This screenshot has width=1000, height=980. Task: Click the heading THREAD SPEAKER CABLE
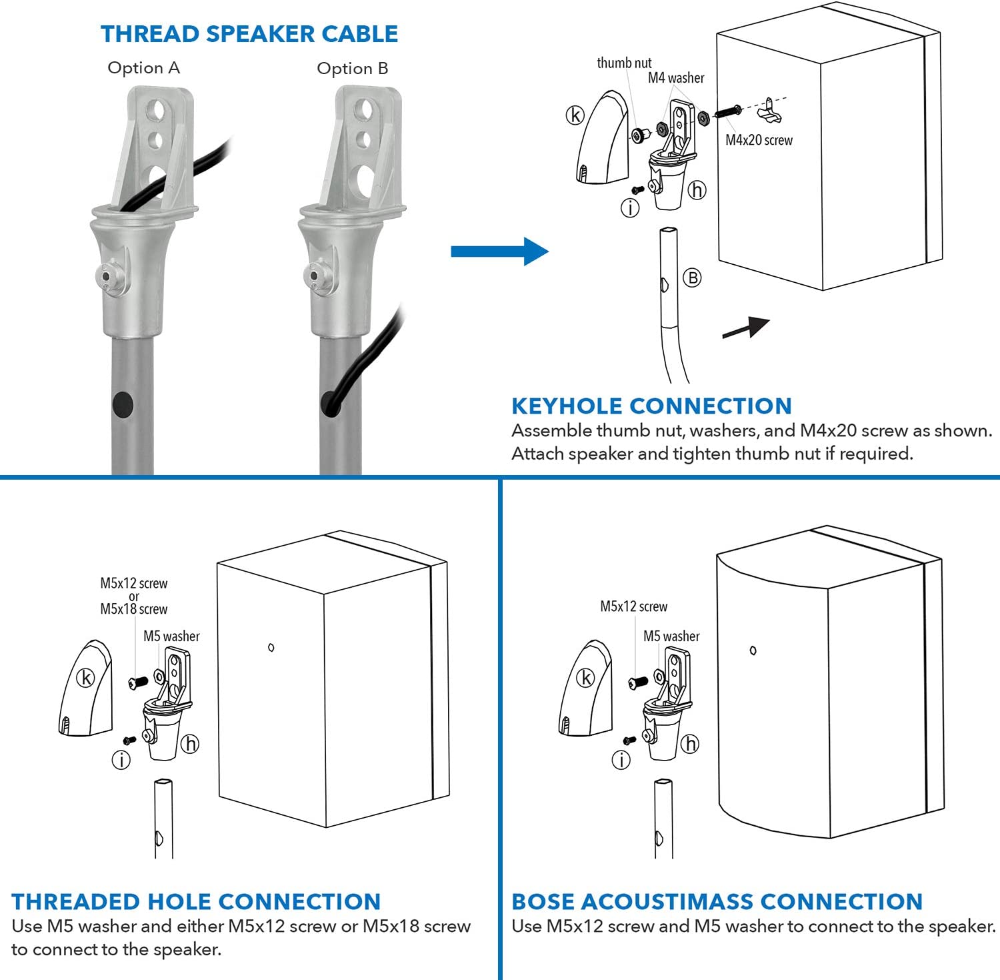pos(249,34)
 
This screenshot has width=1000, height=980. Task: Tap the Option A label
pos(143,68)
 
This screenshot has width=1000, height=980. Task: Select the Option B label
pos(352,69)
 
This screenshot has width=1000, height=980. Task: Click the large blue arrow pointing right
pos(499,252)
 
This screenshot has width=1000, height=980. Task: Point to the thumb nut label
pos(624,63)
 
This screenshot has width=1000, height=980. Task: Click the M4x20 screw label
pos(759,140)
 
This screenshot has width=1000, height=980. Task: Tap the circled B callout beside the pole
pos(693,278)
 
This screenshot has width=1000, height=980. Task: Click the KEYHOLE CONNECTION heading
pos(651,406)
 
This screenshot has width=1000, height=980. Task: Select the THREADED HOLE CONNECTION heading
pos(196,901)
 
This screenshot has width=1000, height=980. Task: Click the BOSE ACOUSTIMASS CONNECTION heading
pos(717,901)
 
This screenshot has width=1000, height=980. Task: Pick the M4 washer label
pos(676,78)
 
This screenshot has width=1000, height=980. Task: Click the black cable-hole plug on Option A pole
pos(123,404)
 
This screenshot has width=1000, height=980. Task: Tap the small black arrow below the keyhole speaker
pos(746,328)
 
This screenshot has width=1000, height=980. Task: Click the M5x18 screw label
pos(133,609)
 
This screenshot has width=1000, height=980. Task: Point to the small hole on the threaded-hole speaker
pos(271,647)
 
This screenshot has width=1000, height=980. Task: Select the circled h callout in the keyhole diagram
pos(697,190)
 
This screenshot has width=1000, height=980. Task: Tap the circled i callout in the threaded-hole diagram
pos(121,760)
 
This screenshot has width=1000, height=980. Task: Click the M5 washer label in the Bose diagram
pos(671,636)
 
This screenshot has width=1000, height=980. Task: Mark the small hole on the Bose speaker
pos(753,650)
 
